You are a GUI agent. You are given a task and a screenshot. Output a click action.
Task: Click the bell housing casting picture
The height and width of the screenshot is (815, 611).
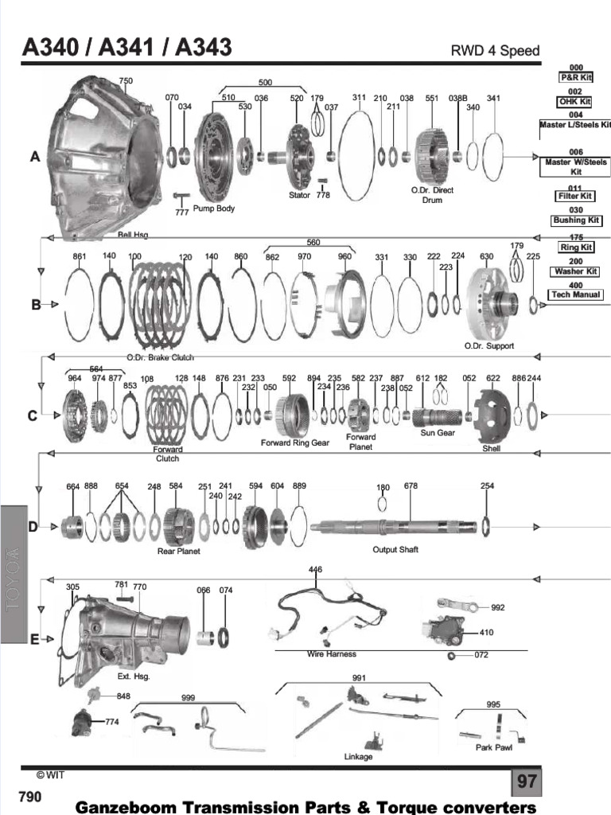pos(103,155)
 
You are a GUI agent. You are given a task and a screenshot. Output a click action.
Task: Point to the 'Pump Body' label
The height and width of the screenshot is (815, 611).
pos(214,209)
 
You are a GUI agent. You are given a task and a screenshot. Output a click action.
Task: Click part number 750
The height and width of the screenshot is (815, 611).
pos(126,81)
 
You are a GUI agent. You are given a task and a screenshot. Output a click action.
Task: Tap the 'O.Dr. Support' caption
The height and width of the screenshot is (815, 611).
pos(488,346)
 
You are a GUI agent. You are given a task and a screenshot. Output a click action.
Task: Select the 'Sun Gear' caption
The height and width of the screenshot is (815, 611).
pos(438,433)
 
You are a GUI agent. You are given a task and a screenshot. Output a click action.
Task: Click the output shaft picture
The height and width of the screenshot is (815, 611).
pos(394,526)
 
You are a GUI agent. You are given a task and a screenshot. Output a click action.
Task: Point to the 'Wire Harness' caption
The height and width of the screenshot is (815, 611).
pos(332,654)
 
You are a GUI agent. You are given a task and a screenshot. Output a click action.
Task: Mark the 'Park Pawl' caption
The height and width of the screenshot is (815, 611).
pos(494,747)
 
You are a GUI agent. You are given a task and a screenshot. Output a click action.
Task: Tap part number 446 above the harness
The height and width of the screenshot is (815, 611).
pos(315,570)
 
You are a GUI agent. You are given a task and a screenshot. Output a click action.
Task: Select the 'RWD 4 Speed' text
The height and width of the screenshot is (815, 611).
pos(495,51)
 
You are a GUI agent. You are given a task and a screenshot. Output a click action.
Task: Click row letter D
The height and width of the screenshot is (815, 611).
pos(33,526)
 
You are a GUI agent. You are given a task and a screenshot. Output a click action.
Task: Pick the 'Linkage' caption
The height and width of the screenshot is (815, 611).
pos(358,757)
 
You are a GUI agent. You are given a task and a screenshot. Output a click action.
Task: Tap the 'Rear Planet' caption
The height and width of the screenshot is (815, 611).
pos(178,551)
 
